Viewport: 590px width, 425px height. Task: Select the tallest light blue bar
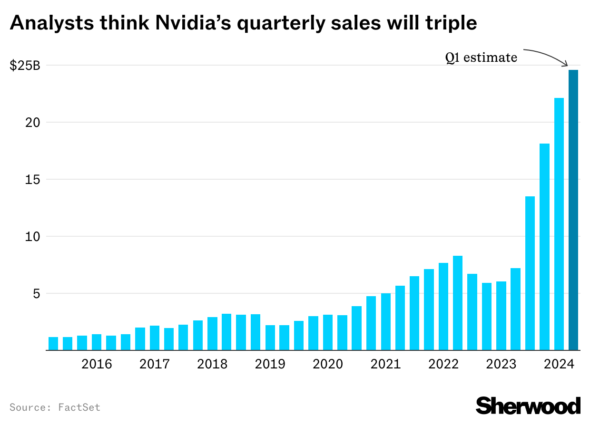tap(559, 224)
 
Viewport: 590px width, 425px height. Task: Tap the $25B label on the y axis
tap(25, 66)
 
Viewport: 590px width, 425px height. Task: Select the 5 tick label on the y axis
tap(36, 294)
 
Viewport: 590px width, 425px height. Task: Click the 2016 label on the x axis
tap(97, 364)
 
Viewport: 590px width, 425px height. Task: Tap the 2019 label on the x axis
tap(270, 364)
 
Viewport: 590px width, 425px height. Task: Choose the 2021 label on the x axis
tap(385, 364)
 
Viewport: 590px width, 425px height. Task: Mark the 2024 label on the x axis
tap(559, 364)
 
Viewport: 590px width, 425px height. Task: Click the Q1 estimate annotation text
tap(481, 58)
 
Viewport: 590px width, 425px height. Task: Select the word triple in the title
tap(447, 22)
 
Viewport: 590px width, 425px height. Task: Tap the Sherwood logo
tap(528, 406)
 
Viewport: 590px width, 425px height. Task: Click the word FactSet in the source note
tap(79, 407)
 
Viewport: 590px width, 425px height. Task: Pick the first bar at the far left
tap(53, 344)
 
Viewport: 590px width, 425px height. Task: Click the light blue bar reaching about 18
tap(544, 247)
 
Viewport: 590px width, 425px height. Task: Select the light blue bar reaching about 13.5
tap(530, 273)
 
